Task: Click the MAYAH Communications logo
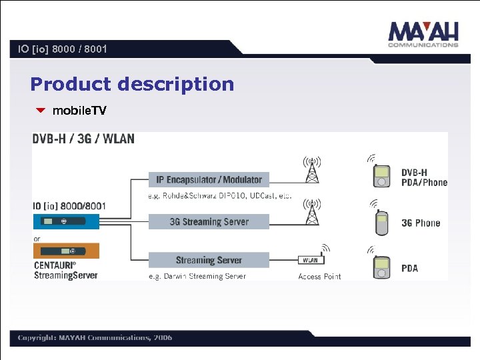pos(423,34)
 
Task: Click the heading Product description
pos(132,85)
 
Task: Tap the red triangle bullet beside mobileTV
pos(41,111)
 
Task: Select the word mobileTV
pos(79,111)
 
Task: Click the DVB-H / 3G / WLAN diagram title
pos(83,139)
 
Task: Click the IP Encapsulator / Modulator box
pos(209,179)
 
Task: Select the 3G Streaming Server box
pos(209,222)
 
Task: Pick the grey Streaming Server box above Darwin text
pos(209,260)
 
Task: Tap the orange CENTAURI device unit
pos(66,251)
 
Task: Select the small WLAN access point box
pos(311,260)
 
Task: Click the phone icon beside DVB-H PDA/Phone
pos(381,175)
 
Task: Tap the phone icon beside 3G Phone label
pos(381,223)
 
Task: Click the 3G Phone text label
pos(421,223)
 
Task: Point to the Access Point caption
pos(319,277)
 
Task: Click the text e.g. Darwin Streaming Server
pos(197,276)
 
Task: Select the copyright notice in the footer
pos(95,337)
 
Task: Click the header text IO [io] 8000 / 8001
pos(63,49)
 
